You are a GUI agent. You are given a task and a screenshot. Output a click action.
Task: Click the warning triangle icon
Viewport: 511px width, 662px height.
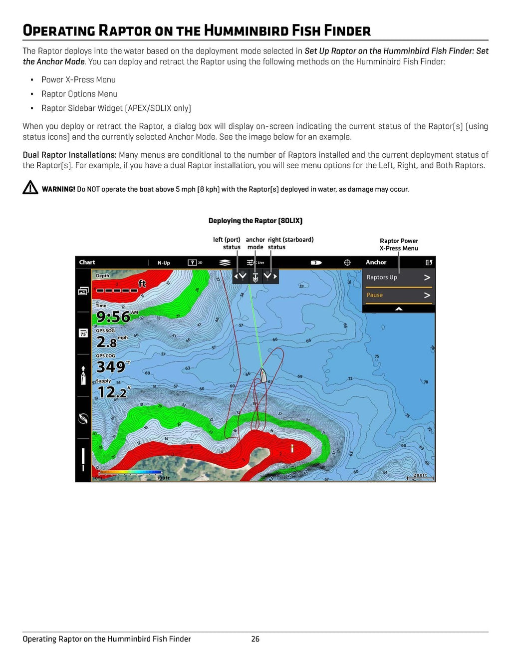30,187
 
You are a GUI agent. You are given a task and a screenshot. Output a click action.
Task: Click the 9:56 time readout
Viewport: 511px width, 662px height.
113,317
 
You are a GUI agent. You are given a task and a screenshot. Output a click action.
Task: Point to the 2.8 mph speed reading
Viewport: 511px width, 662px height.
107,342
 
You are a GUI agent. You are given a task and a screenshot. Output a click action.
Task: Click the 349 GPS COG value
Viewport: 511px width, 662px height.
111,367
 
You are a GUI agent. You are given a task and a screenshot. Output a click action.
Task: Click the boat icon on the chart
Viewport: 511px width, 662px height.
263,375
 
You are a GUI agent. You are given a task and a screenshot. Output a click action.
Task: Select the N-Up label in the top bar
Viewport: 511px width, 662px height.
164,263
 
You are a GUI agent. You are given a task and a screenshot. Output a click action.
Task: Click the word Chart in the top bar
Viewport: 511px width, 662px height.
87,262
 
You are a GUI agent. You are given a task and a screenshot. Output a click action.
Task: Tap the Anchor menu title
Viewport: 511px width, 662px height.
376,262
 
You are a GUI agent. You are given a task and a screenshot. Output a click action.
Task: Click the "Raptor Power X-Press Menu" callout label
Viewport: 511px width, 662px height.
399,244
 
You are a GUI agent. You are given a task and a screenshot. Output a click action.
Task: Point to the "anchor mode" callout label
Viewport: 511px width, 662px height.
255,243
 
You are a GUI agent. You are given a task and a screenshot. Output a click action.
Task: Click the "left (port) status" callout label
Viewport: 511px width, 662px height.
227,243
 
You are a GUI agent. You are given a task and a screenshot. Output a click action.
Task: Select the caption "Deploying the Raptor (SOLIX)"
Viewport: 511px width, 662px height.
255,221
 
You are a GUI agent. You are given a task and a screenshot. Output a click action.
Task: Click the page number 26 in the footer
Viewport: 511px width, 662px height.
255,639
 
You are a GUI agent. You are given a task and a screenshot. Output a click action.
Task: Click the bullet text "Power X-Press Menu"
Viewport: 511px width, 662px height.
78,79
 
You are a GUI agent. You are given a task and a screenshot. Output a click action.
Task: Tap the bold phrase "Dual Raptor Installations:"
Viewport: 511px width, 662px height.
69,155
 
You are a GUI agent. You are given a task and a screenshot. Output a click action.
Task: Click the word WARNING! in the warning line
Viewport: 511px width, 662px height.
58,189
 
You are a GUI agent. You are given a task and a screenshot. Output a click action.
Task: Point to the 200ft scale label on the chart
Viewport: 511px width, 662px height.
420,475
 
